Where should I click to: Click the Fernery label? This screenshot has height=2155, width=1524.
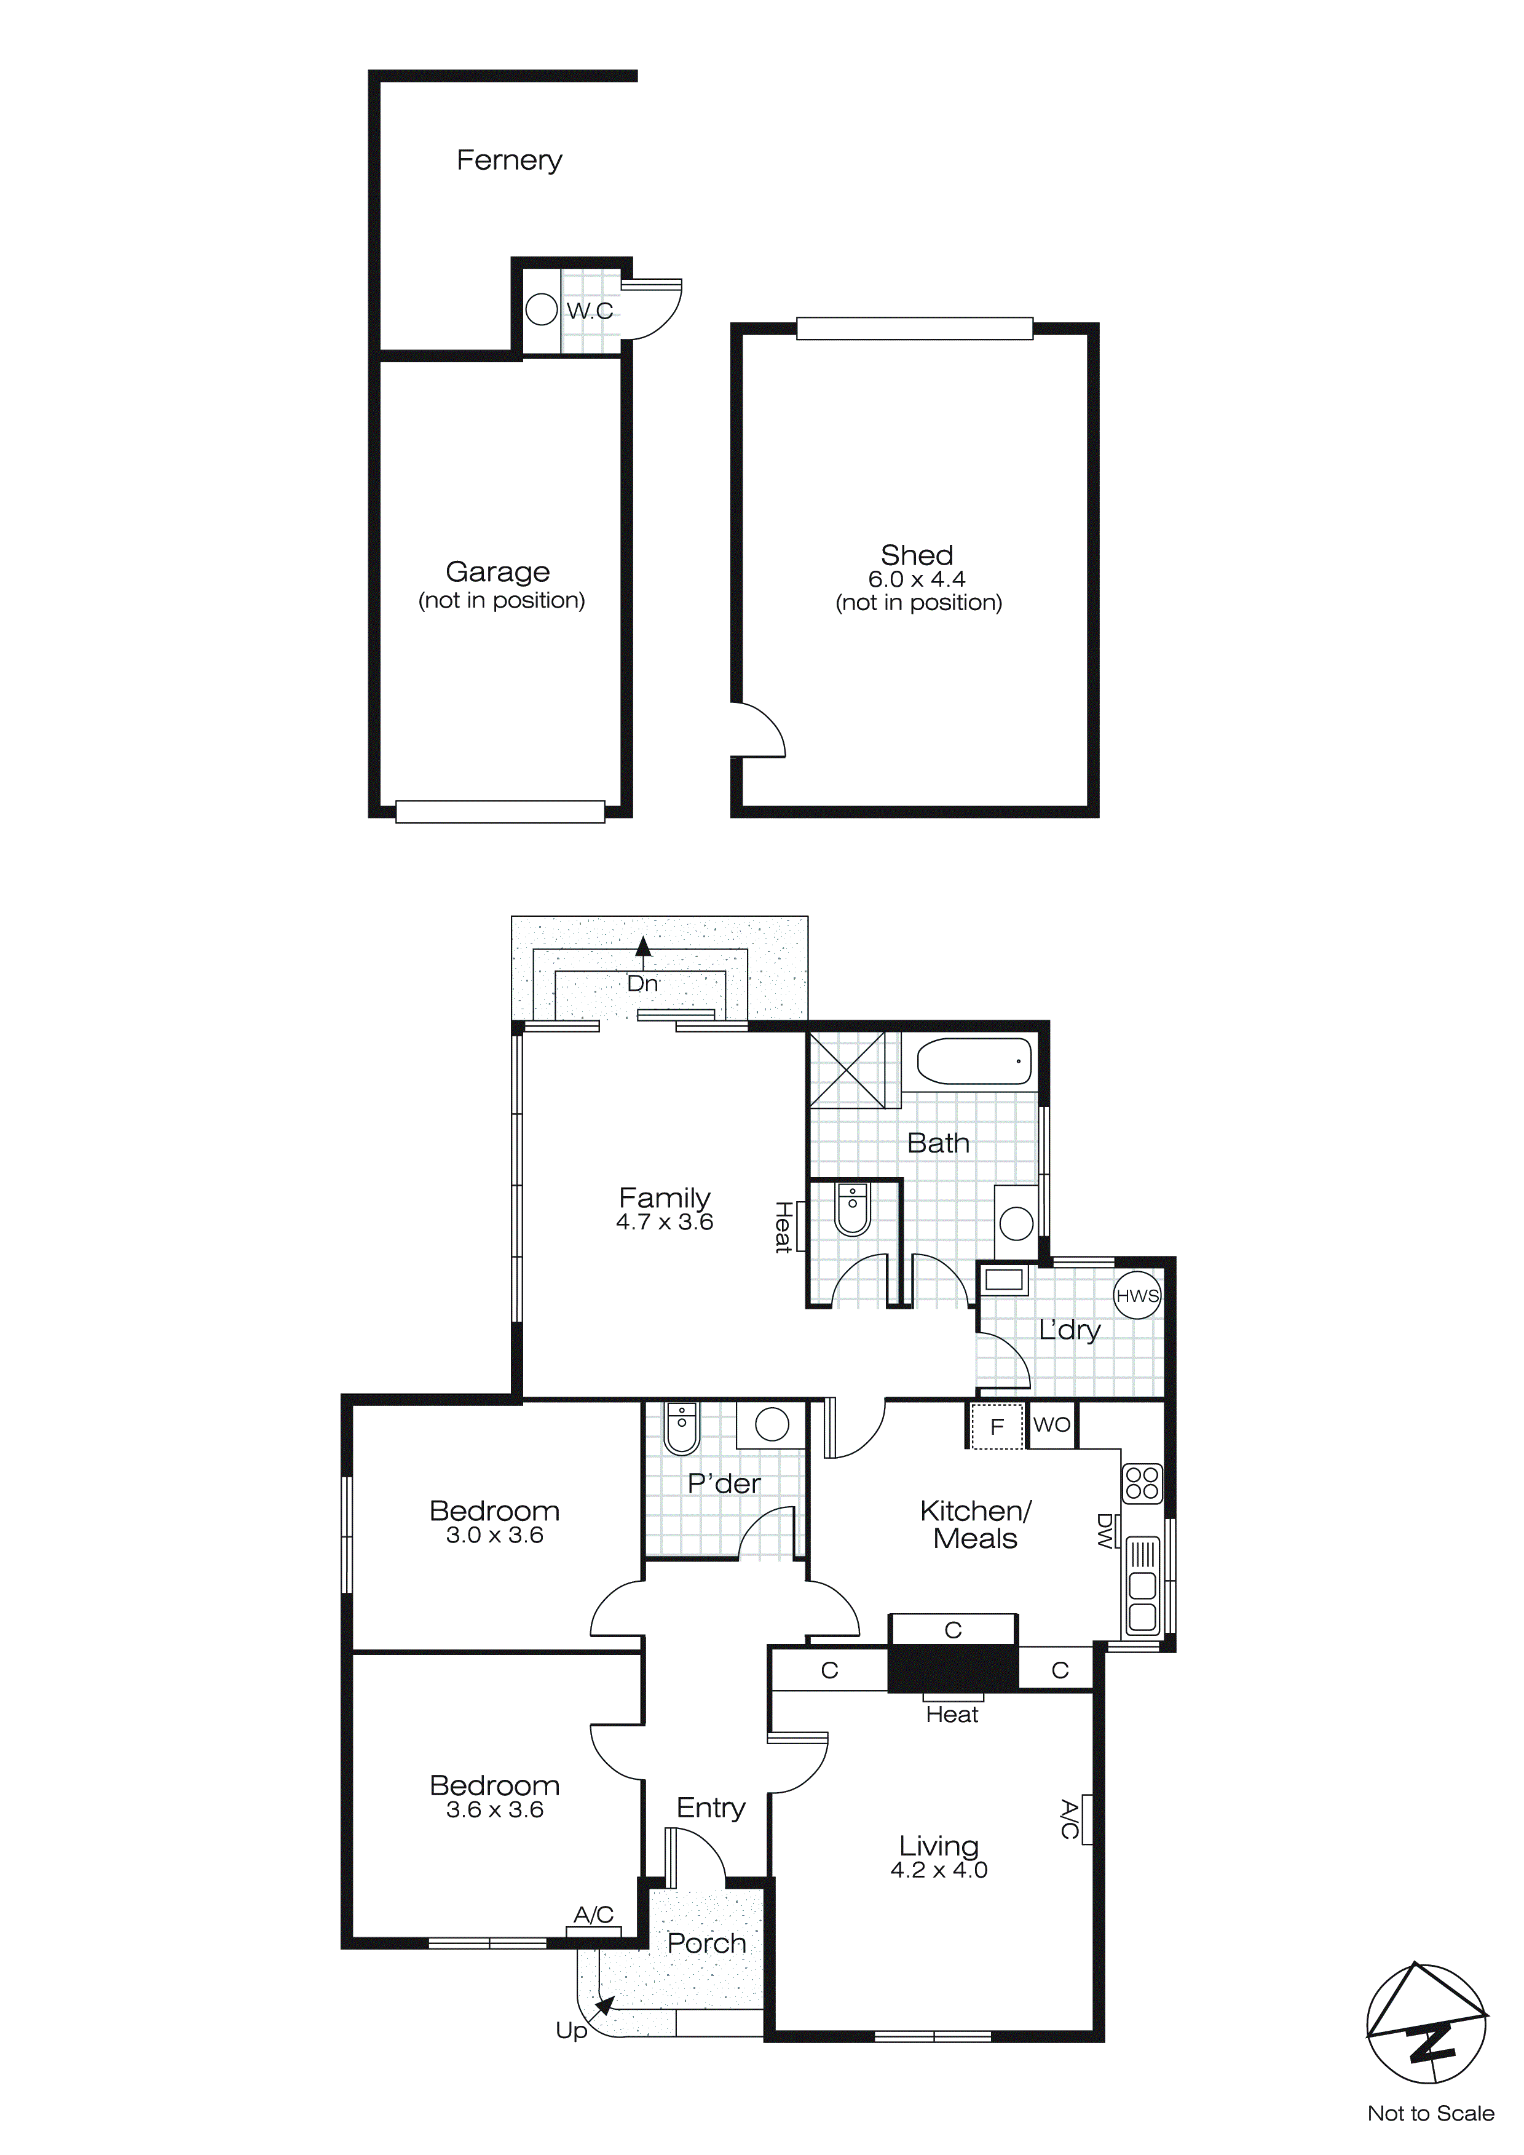(508, 161)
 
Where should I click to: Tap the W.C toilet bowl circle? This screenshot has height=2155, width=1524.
(542, 310)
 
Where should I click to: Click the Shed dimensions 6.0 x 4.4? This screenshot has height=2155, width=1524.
(916, 579)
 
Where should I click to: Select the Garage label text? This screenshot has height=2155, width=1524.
(497, 571)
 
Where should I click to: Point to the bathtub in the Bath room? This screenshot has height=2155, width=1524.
(973, 1061)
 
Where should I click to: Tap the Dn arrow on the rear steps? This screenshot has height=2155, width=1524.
(643, 950)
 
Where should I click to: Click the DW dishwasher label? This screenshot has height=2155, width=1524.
(1105, 1530)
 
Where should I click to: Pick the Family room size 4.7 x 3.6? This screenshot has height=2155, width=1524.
(665, 1222)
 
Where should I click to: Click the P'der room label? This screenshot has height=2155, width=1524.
(724, 1484)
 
